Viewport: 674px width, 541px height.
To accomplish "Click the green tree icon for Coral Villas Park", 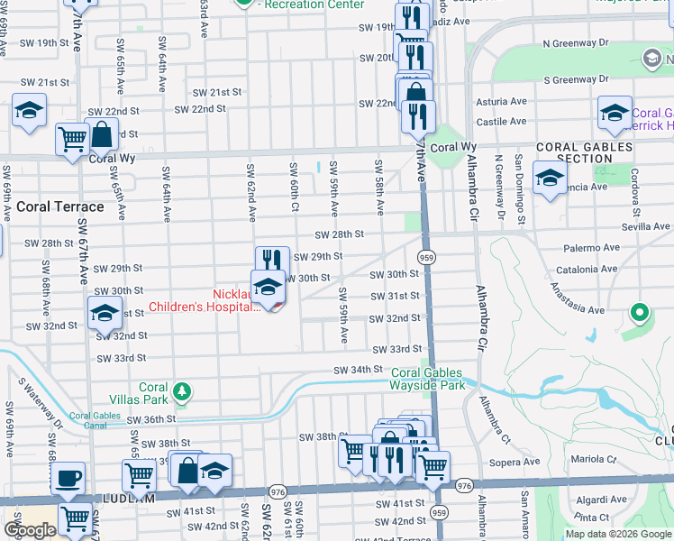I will tap(183, 390).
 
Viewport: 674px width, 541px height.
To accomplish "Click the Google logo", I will tap(30, 530).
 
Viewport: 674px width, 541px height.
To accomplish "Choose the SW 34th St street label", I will tap(359, 370).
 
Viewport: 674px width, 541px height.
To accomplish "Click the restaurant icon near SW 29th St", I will tap(272, 260).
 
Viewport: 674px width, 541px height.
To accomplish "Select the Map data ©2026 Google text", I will tap(617, 534).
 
